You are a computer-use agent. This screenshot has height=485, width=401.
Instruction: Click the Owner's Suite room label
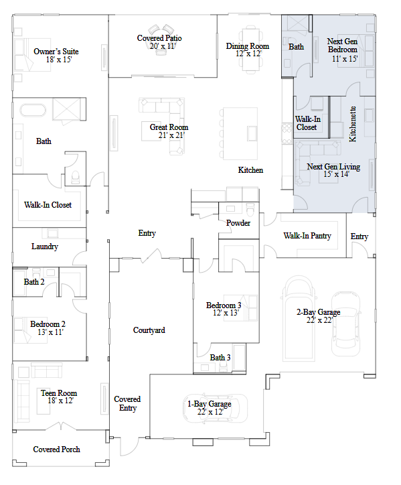(x=56, y=52)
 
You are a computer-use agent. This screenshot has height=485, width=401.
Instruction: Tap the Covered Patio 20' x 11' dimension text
(x=163, y=46)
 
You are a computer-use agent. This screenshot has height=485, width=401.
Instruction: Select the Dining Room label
(x=247, y=46)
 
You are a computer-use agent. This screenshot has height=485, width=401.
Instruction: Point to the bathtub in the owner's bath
(x=33, y=110)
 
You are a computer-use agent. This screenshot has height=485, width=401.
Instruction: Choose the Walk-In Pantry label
(x=307, y=236)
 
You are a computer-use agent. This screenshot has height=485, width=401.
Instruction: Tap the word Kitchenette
(x=352, y=124)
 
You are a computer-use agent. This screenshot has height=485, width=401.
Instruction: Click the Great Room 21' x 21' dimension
(x=171, y=135)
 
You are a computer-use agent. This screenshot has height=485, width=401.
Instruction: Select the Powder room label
(x=238, y=223)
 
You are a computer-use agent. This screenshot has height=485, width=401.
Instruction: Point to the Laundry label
(x=45, y=247)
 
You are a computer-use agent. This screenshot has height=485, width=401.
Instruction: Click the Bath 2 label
(x=34, y=282)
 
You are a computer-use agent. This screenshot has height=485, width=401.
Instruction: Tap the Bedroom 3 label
(x=224, y=305)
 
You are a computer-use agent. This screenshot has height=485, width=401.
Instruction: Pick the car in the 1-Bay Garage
(x=216, y=408)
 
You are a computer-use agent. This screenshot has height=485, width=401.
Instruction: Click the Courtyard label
(x=149, y=330)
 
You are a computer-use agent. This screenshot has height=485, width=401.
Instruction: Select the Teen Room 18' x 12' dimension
(x=61, y=401)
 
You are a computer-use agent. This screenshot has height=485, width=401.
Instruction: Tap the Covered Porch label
(x=57, y=449)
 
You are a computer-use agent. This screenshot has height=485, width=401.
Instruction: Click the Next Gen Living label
(x=333, y=167)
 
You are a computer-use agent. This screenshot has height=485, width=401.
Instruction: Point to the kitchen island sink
(x=252, y=133)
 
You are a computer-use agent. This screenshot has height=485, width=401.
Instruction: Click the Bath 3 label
(x=220, y=358)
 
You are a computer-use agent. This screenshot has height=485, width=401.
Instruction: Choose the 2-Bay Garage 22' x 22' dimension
(x=319, y=320)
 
